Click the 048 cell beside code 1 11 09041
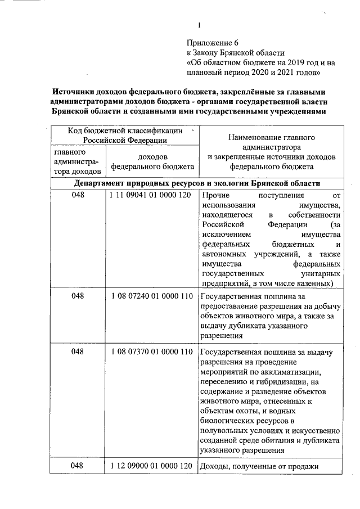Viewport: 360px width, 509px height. tap(78, 196)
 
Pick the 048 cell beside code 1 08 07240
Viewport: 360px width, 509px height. tap(78, 296)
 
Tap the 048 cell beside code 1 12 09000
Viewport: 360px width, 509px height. tap(78, 466)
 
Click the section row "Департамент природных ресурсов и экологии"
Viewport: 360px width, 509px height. tap(197, 183)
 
